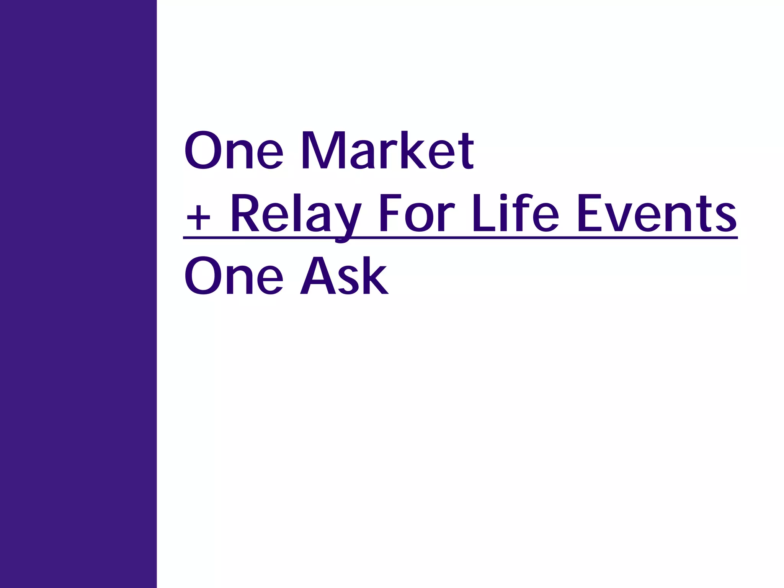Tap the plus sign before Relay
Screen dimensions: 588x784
pyautogui.click(x=198, y=218)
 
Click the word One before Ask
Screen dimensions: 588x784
pyautogui.click(x=234, y=276)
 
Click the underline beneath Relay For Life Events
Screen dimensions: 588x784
pyautogui.click(x=459, y=238)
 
